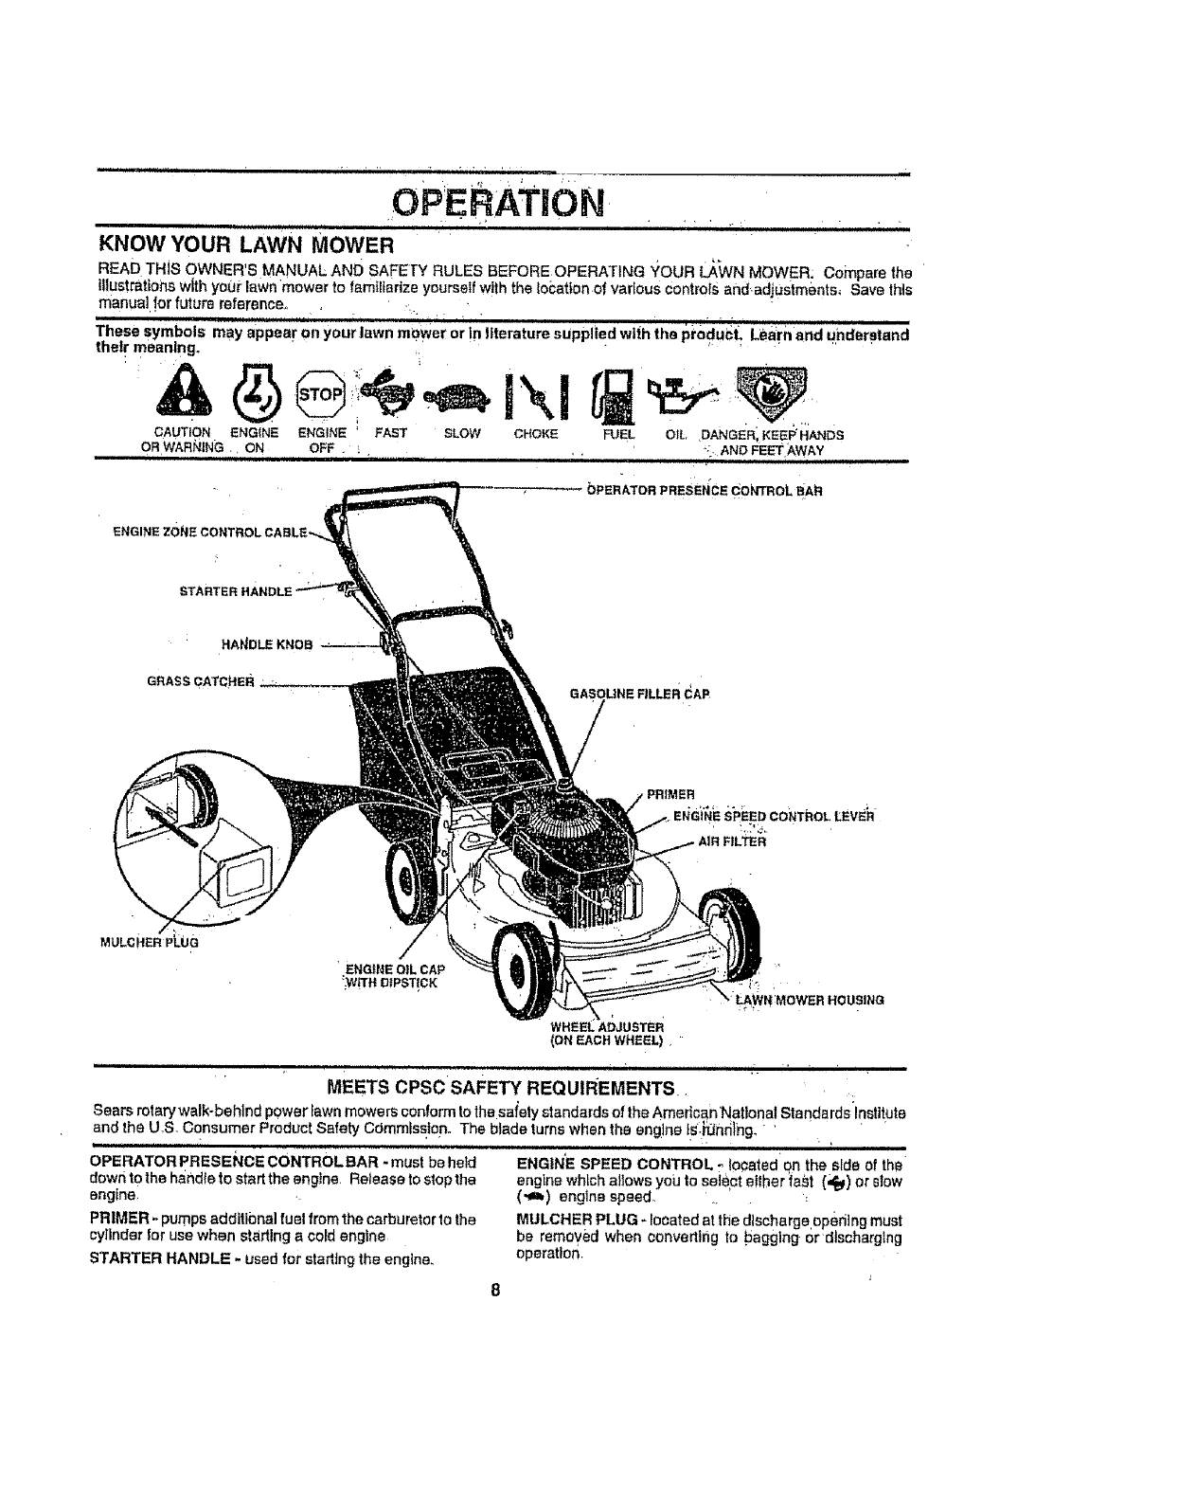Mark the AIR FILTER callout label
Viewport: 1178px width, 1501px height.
[732, 841]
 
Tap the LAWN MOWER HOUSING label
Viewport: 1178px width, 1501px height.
[815, 998]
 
